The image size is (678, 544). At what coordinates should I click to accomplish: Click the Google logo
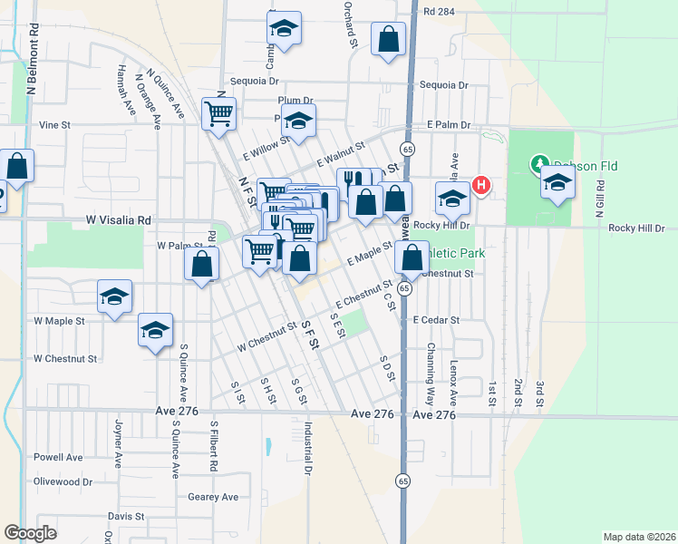click(x=30, y=533)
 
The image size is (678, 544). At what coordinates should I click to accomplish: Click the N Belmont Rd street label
click(x=32, y=65)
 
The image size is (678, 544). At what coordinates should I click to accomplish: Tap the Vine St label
click(x=54, y=125)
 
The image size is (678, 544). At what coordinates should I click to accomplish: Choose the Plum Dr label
click(x=295, y=101)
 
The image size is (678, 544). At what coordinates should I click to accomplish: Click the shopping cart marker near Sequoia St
click(x=220, y=115)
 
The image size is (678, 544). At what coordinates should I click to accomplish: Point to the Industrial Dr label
click(x=308, y=450)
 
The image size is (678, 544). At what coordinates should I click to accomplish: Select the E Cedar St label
click(x=437, y=320)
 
